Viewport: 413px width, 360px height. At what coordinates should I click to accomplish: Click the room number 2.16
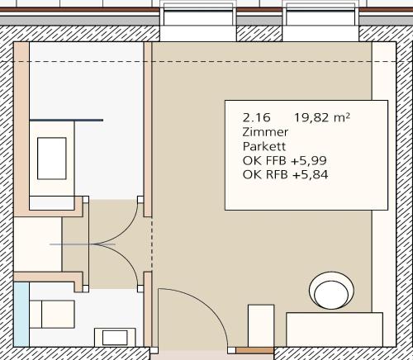[256, 118]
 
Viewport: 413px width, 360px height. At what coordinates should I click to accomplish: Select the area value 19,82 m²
[322, 118]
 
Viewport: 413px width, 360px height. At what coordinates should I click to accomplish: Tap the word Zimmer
[265, 132]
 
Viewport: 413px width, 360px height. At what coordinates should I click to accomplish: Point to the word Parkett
[264, 146]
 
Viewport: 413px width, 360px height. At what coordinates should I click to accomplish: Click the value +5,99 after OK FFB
[309, 161]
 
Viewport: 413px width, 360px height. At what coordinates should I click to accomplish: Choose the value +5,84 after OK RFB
[310, 175]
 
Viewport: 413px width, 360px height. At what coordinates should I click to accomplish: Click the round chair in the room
[331, 291]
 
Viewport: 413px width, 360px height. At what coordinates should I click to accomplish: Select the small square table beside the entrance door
[261, 325]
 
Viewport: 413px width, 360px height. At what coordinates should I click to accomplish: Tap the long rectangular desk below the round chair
[335, 329]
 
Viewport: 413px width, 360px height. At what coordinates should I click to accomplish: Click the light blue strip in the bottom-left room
[21, 315]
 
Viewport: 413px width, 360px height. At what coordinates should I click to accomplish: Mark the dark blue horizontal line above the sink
[66, 120]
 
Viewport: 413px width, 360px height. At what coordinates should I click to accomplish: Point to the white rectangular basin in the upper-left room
[52, 159]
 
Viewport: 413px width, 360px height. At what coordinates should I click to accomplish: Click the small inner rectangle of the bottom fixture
[115, 338]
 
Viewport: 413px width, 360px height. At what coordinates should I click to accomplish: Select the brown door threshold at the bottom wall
[255, 351]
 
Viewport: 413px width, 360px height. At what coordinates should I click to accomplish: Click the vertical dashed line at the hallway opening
[152, 244]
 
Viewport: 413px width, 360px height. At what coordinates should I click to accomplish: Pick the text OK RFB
[265, 175]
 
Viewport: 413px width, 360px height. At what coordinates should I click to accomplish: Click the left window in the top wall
[198, 21]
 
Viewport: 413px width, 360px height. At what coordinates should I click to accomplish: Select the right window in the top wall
[321, 21]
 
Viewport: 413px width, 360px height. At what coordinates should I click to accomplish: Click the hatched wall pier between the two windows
[259, 34]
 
